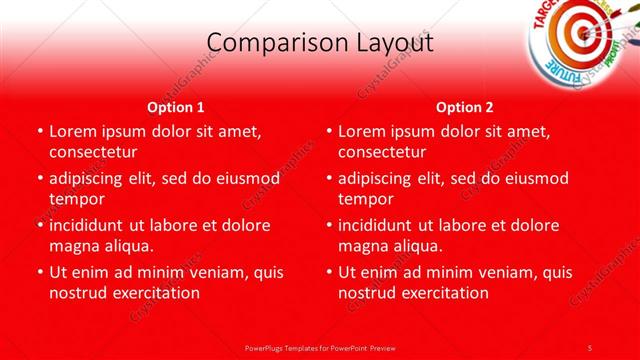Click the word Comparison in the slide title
271,43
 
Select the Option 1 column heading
176,107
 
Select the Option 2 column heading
465,107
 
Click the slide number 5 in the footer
590,346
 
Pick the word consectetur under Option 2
382,152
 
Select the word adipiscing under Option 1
90,178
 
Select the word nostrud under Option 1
78,293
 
